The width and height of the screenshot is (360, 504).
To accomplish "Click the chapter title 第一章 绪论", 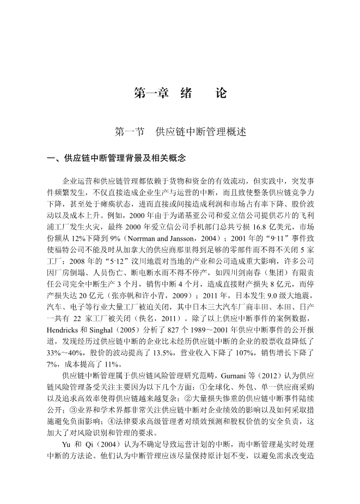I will [180, 93].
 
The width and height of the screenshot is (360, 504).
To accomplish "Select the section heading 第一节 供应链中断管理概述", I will [180, 132].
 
